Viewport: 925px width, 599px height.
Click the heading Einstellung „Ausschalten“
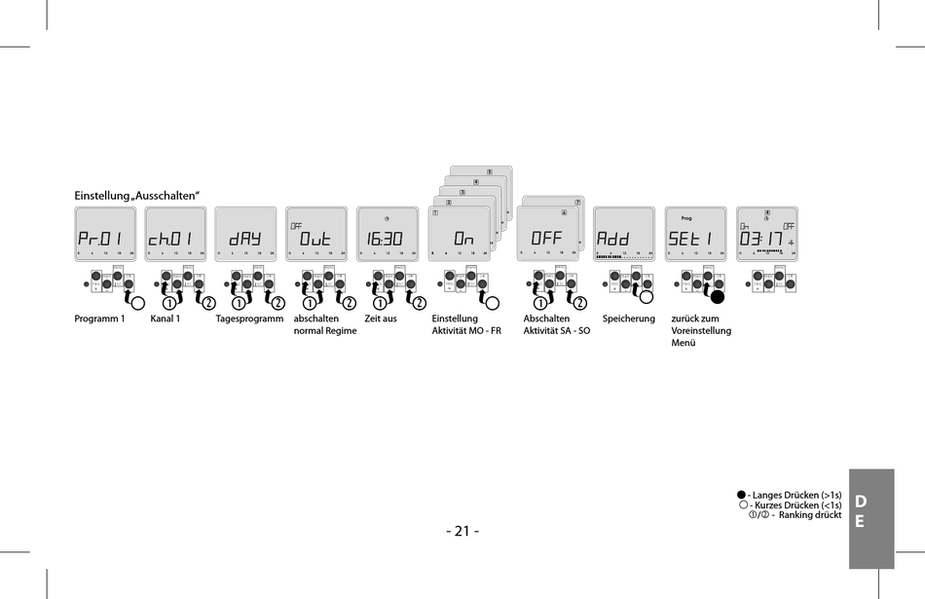tap(137, 196)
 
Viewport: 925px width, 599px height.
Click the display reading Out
tap(316, 235)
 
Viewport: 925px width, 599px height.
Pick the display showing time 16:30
tap(387, 235)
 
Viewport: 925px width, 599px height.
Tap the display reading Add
tap(623, 235)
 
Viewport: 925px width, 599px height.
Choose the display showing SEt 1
tap(695, 235)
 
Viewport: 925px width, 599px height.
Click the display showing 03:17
tap(766, 235)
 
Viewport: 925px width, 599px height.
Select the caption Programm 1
tap(100, 318)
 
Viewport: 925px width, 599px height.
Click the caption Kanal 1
tap(166, 318)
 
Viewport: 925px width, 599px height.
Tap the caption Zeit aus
tap(381, 318)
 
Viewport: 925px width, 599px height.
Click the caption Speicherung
tap(629, 318)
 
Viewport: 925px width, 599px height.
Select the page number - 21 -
tap(462, 531)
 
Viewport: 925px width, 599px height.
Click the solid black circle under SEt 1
tap(719, 298)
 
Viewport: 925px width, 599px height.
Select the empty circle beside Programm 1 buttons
tap(138, 302)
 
